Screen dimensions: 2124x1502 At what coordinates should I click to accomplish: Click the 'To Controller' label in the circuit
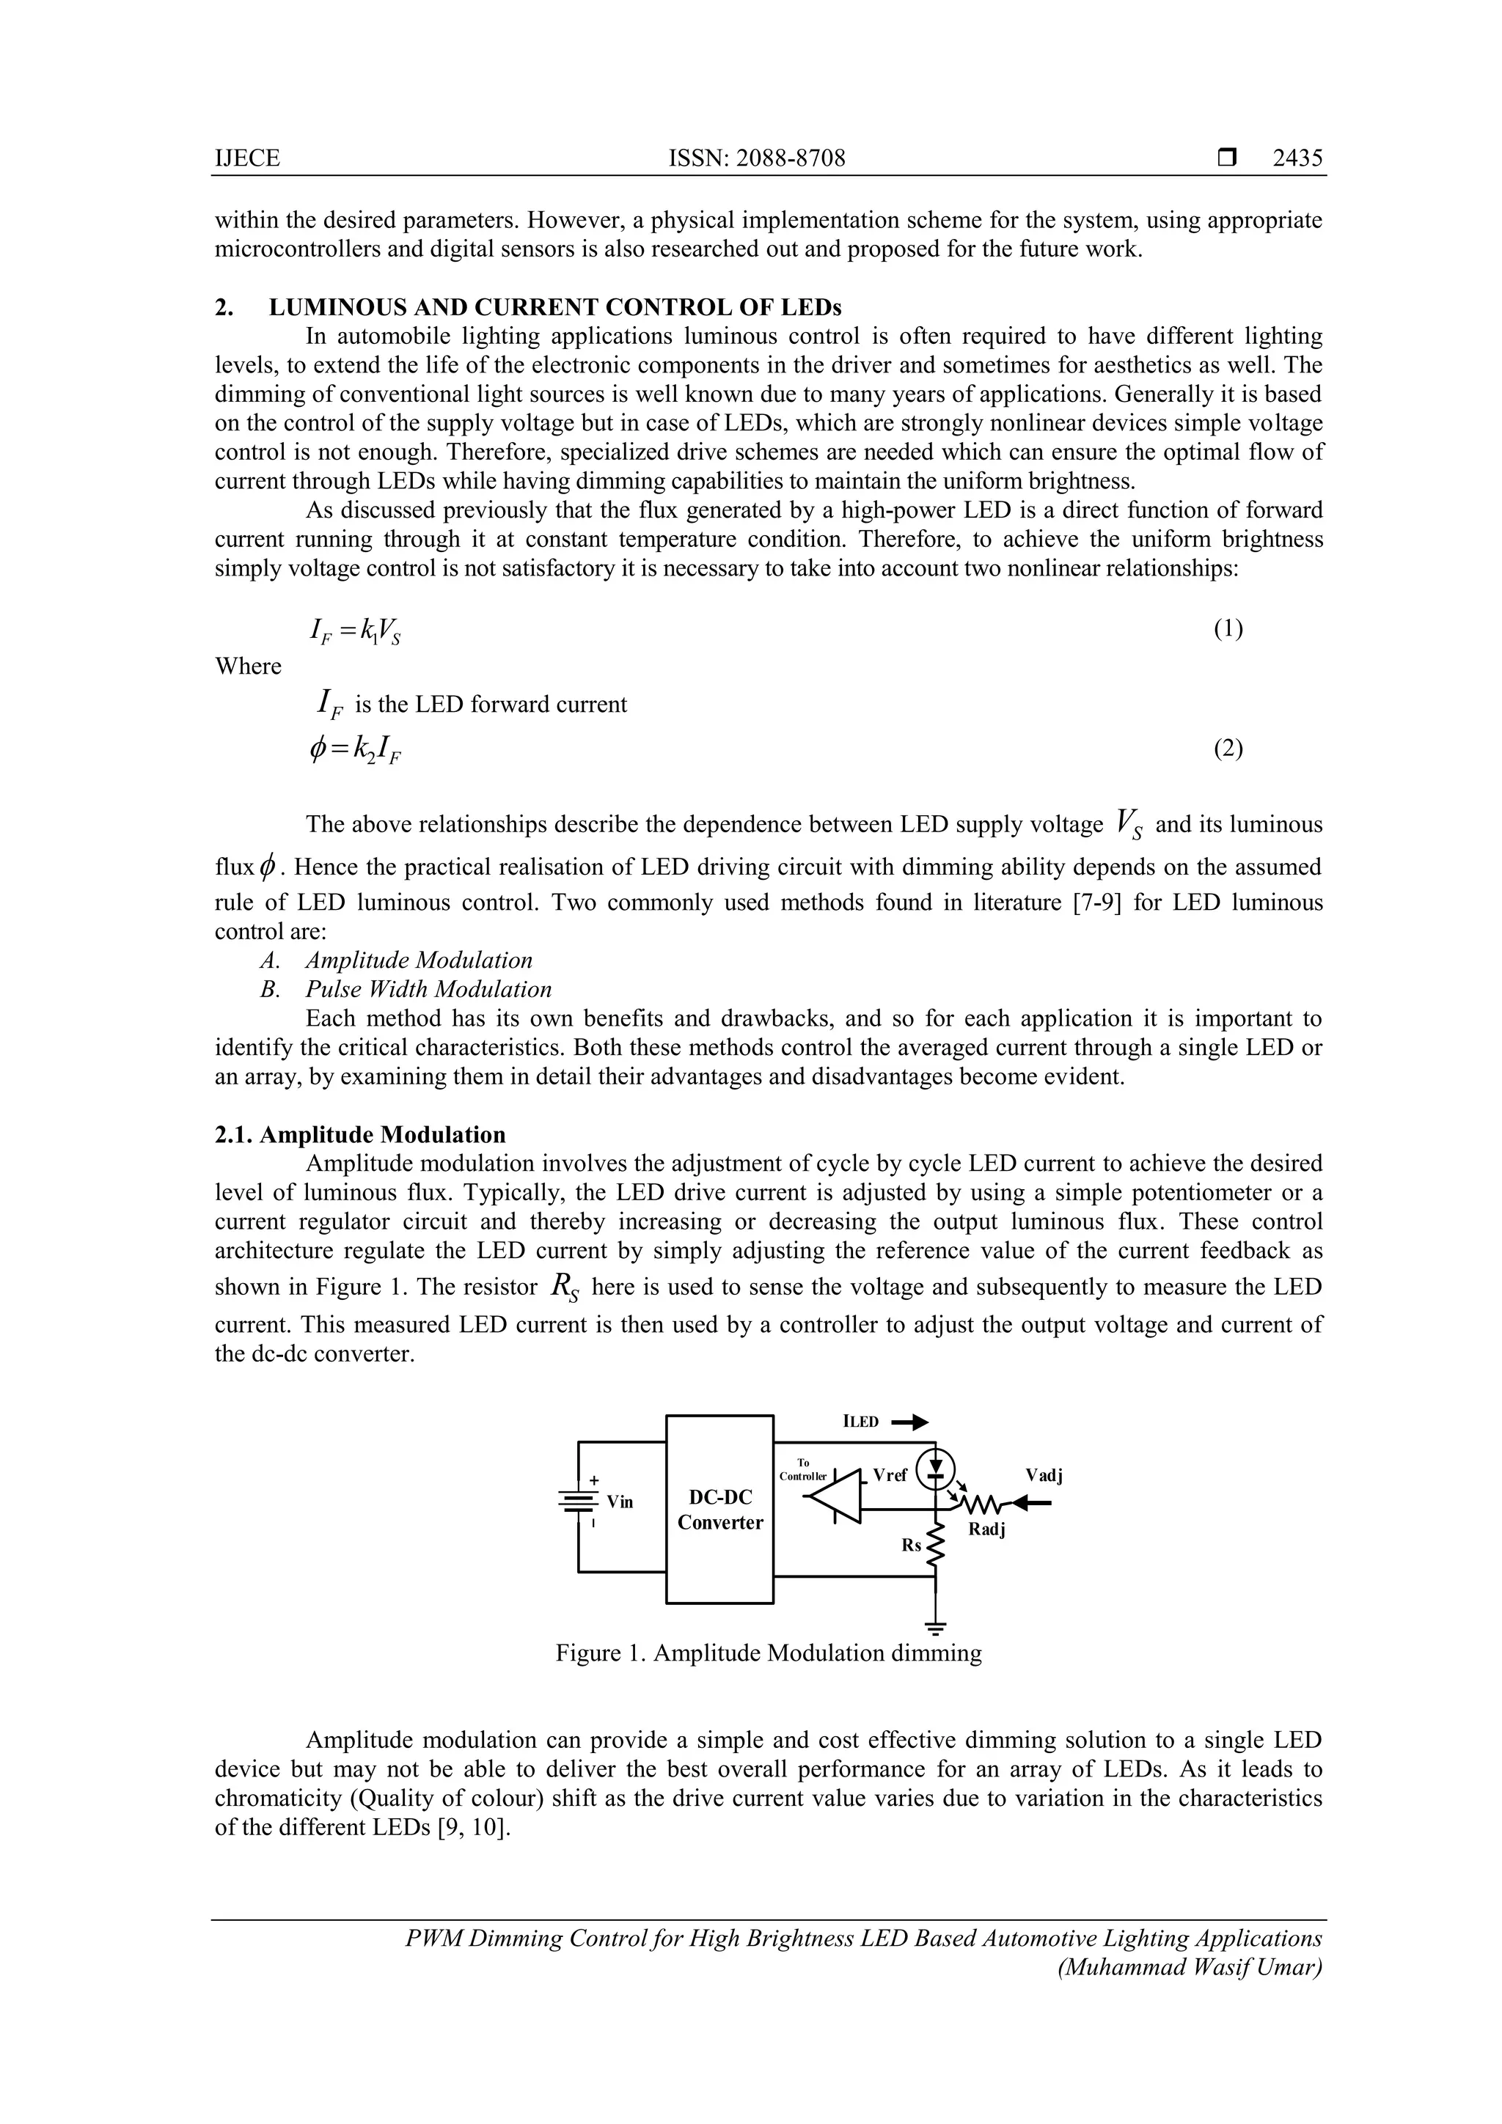[x=802, y=1470]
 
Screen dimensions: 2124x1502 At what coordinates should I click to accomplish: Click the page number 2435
[x=1297, y=158]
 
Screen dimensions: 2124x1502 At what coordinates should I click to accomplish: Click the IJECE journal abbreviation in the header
[x=246, y=158]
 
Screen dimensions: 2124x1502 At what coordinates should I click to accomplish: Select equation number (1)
[x=1227, y=629]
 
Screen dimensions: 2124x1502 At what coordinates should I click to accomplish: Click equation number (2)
[x=1227, y=748]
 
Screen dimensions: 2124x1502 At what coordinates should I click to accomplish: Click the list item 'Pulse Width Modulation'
[x=428, y=989]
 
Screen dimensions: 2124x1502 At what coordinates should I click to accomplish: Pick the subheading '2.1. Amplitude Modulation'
[x=360, y=1134]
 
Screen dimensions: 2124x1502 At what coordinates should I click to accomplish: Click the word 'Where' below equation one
[x=248, y=666]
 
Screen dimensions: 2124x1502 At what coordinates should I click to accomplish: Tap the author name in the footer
[x=1188, y=1967]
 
